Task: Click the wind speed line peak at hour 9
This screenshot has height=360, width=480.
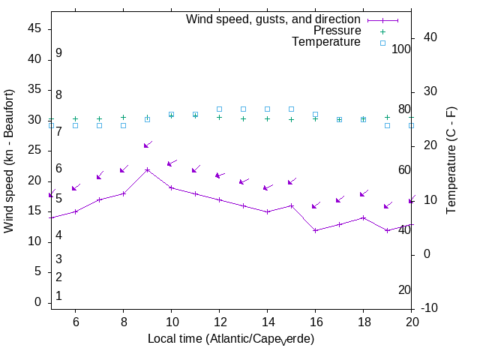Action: tap(147, 169)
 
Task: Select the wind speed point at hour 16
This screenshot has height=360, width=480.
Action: tap(315, 230)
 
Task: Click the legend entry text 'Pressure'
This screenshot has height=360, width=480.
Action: tap(337, 31)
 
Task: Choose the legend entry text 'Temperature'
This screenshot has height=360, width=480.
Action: tap(326, 42)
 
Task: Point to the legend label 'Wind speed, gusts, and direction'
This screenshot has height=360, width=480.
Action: tap(273, 19)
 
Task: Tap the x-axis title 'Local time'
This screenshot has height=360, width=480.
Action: tap(230, 339)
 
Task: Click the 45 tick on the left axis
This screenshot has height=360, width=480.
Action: tap(34, 28)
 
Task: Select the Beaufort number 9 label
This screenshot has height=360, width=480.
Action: tap(58, 53)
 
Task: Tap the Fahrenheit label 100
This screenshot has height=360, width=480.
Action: tap(401, 49)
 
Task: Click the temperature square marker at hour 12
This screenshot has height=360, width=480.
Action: tap(219, 109)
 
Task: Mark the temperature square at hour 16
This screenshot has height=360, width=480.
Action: tap(315, 114)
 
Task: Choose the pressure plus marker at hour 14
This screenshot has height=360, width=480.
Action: tap(267, 118)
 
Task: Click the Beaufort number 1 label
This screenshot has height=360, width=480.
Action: tap(58, 296)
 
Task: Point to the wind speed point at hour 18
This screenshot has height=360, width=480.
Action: tap(363, 217)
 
